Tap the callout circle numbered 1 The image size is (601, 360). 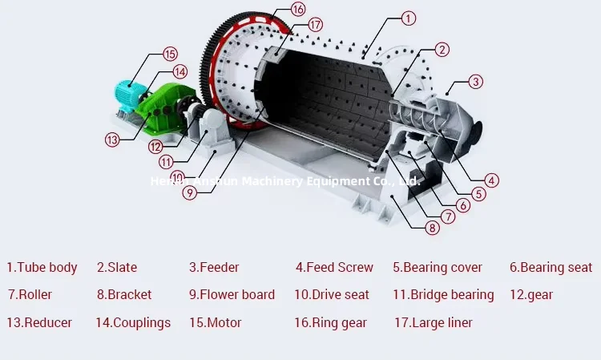click(x=409, y=18)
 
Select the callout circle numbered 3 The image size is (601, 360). click(x=476, y=81)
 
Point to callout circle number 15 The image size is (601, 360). click(x=170, y=55)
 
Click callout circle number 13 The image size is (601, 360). click(x=112, y=140)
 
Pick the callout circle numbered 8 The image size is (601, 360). click(x=433, y=228)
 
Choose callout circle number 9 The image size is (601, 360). click(x=190, y=192)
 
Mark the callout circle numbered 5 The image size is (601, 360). click(x=478, y=193)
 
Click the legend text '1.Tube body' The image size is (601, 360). click(x=42, y=267)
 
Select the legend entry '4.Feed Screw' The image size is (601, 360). click(x=334, y=267)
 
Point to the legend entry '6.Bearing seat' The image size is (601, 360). click(x=551, y=267)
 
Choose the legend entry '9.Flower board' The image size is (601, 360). click(x=232, y=294)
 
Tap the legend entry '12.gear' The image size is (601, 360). click(x=531, y=294)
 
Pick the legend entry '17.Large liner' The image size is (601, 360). click(x=433, y=322)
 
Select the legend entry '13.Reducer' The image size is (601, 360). click(x=39, y=322)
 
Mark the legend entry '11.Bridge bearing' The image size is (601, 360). click(x=443, y=294)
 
